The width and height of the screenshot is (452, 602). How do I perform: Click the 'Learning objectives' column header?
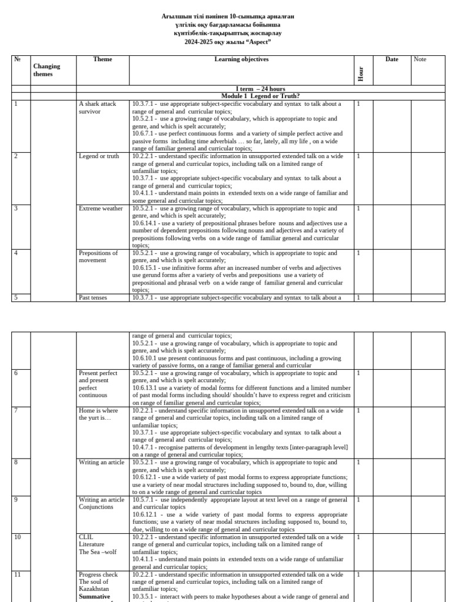tap(241, 59)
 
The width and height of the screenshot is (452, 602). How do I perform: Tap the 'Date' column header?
tap(392, 59)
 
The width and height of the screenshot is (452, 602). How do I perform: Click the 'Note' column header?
tap(420, 59)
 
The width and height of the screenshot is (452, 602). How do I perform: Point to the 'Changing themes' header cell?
tap(46, 70)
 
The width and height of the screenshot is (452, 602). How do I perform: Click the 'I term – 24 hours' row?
tap(252, 89)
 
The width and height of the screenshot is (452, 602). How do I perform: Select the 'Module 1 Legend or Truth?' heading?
tap(260, 96)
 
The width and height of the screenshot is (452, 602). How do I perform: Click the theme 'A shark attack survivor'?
tap(97, 108)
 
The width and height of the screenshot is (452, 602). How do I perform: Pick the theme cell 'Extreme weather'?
tap(101, 209)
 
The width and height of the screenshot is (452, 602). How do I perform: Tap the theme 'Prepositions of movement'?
tap(98, 256)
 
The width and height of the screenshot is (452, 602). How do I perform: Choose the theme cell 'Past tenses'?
tap(93, 298)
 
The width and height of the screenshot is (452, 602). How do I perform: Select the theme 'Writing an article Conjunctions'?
tap(101, 503)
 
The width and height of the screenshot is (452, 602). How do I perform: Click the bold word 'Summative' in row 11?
tap(94, 596)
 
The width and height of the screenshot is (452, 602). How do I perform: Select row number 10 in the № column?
tap(17, 537)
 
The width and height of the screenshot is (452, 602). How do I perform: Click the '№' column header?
tap(17, 59)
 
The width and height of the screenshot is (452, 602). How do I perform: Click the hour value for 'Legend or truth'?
tap(358, 156)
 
